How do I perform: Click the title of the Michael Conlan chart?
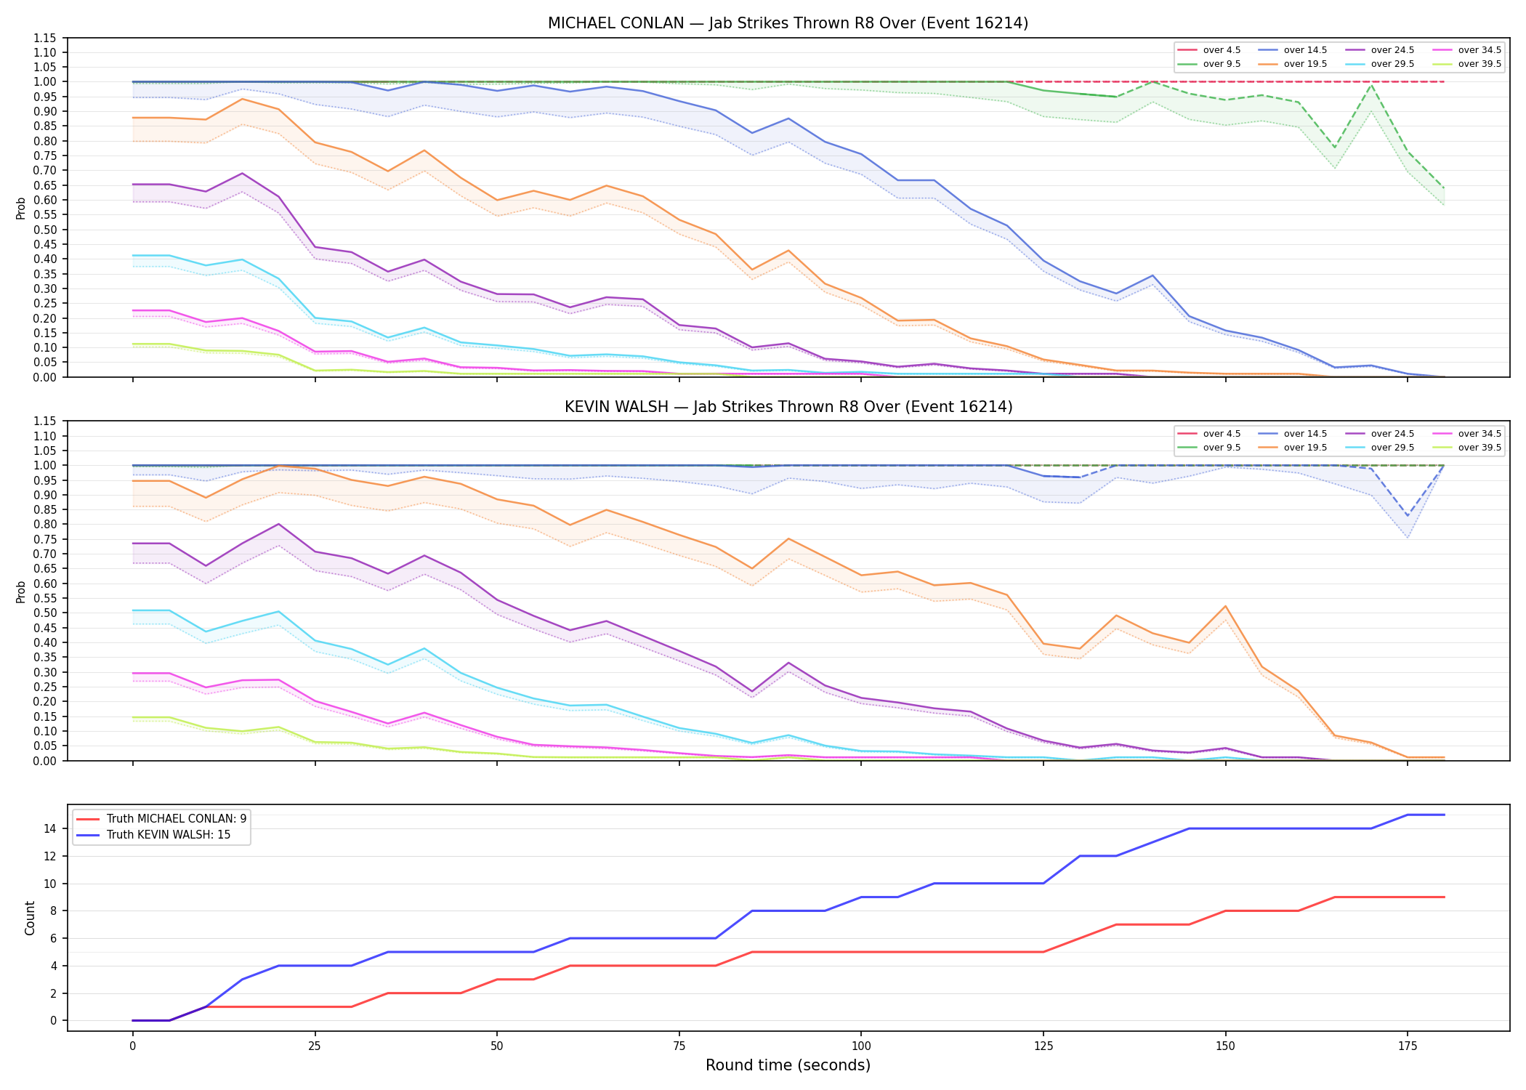pyautogui.click(x=788, y=23)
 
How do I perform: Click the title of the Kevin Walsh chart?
pyautogui.click(x=788, y=407)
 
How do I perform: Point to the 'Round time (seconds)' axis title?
pyautogui.click(x=788, y=1065)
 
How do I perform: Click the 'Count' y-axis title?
pyautogui.click(x=30, y=918)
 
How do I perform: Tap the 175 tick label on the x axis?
pyautogui.click(x=1408, y=1046)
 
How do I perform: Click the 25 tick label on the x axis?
pyautogui.click(x=315, y=1046)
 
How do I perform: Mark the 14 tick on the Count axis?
pyautogui.click(x=50, y=828)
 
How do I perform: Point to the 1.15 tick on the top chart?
pyautogui.click(x=45, y=38)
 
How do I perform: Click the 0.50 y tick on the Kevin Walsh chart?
pyautogui.click(x=45, y=613)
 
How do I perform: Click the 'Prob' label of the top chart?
pyautogui.click(x=21, y=208)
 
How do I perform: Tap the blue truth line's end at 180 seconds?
pyautogui.click(x=1444, y=815)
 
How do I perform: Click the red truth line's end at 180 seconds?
pyautogui.click(x=1444, y=897)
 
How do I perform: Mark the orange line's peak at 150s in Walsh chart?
pyautogui.click(x=1225, y=606)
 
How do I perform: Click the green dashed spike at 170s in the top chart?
pyautogui.click(x=1371, y=86)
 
